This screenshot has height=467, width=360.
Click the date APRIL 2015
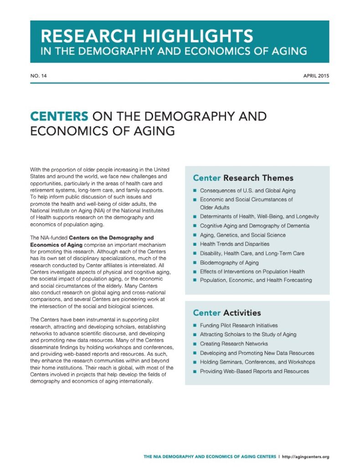click(x=316, y=76)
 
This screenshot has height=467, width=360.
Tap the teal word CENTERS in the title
click(x=59, y=116)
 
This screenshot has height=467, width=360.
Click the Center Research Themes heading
click(x=243, y=178)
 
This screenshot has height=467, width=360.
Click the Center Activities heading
click(x=226, y=313)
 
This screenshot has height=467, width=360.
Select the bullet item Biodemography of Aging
click(x=229, y=262)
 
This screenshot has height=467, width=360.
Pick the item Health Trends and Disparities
click(x=234, y=244)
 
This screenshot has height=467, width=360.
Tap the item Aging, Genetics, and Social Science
click(x=242, y=235)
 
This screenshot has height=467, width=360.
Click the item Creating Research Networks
click(x=234, y=344)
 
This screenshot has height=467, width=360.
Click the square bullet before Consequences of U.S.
click(x=194, y=190)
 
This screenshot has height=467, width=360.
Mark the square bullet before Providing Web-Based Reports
click(x=194, y=371)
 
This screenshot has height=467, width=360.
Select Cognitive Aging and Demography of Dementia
click(x=254, y=226)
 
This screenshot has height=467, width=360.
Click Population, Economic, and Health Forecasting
click(x=256, y=280)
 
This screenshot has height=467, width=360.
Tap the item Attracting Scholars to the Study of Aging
click(x=248, y=335)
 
